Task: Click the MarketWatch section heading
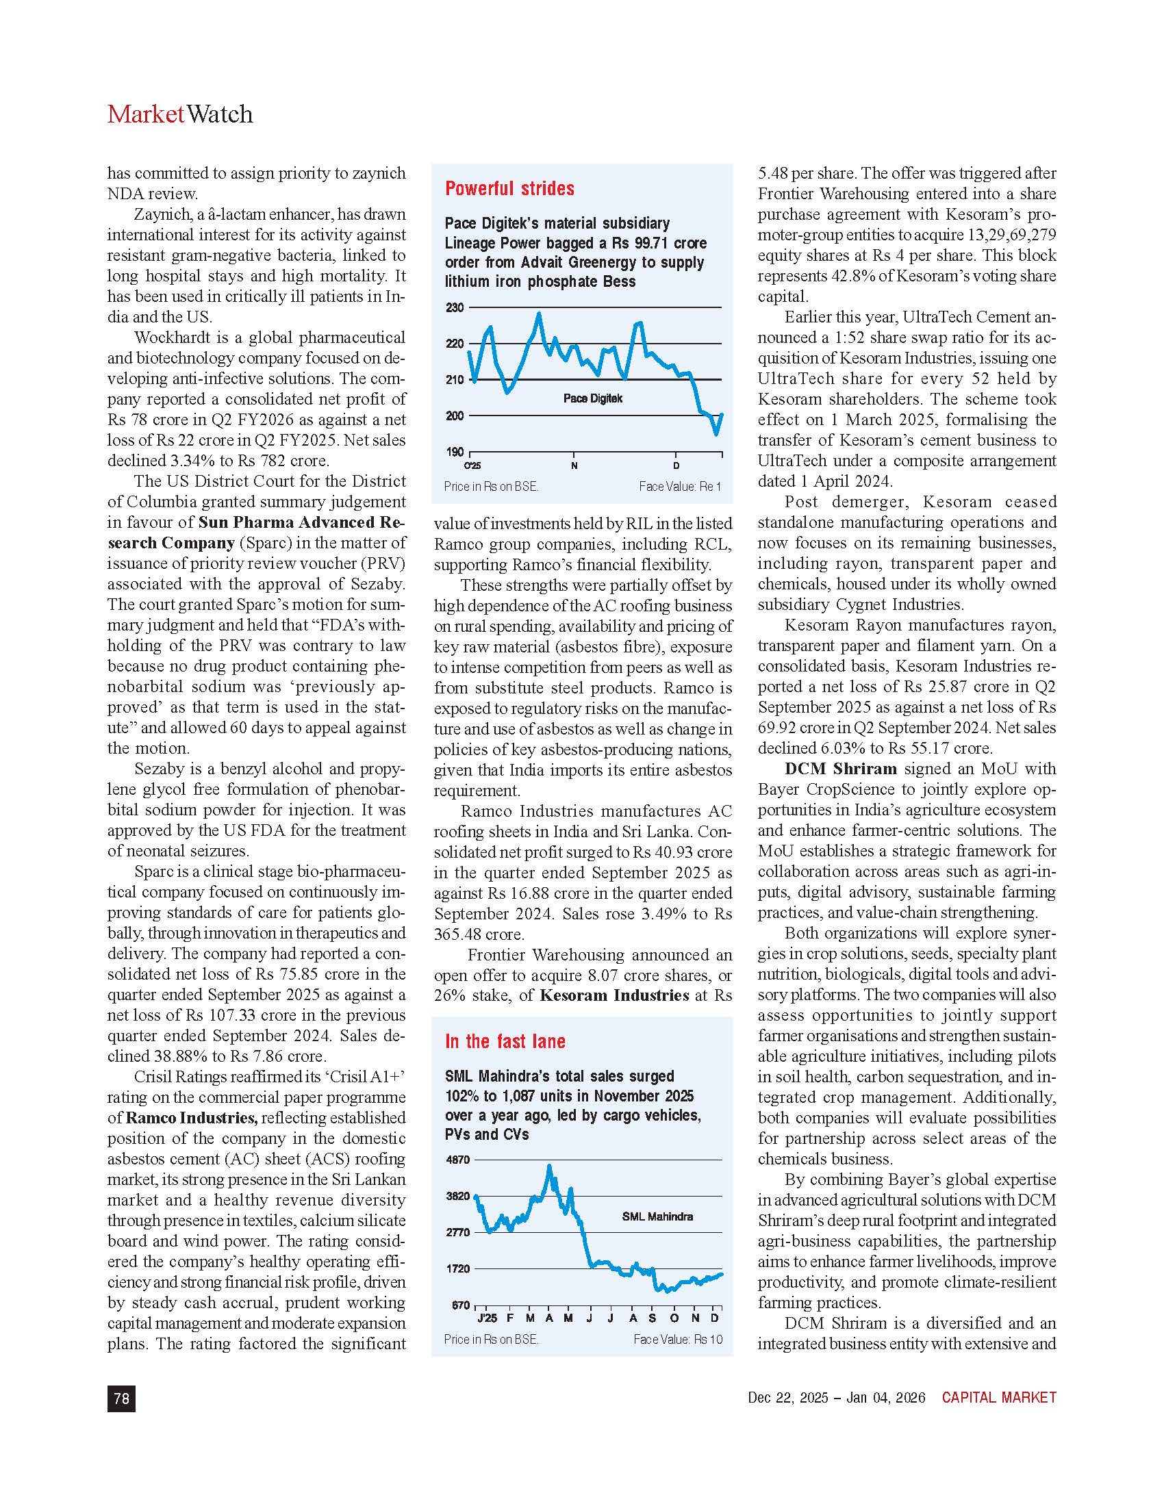[180, 114]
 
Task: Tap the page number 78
[121, 1398]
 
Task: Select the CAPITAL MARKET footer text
[999, 1398]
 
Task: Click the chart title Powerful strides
[509, 189]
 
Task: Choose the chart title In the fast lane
[505, 1042]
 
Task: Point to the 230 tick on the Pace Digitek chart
[455, 307]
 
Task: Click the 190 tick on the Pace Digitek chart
[455, 452]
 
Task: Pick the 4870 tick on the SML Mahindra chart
[458, 1160]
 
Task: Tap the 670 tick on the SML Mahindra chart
[461, 1305]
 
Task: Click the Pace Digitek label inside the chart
[593, 398]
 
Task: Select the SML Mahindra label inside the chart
[657, 1216]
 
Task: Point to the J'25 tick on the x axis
[487, 1318]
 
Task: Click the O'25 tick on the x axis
[472, 466]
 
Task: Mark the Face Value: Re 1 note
[680, 487]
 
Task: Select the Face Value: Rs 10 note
[678, 1339]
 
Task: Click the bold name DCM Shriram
[841, 769]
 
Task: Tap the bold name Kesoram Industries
[613, 996]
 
